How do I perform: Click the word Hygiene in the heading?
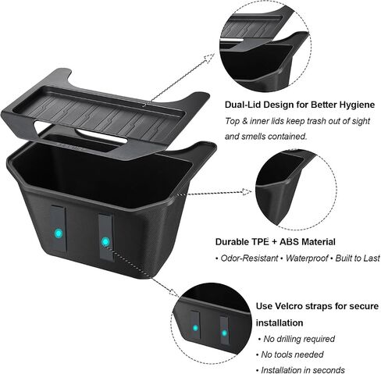(357, 105)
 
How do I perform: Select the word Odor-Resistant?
(249, 258)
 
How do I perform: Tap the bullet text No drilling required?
(299, 339)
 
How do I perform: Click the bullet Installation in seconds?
(303, 370)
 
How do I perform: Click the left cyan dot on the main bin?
(59, 233)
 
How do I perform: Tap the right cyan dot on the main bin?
(105, 242)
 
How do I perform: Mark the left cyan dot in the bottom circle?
(195, 328)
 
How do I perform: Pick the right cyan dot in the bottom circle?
(224, 333)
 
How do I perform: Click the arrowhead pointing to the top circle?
(210, 59)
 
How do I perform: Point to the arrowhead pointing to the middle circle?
(247, 192)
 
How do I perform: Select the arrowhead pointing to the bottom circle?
(174, 292)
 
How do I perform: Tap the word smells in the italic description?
(255, 137)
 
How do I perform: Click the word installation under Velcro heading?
(280, 322)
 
